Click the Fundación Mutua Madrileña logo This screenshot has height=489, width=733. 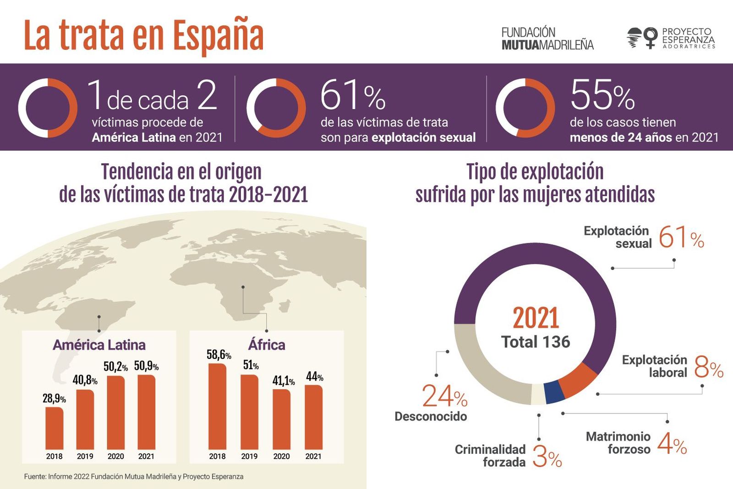click(x=547, y=38)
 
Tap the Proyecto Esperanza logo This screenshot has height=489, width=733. click(x=671, y=38)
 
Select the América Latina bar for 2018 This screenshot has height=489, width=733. click(x=55, y=428)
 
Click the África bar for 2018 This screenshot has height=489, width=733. click(x=217, y=407)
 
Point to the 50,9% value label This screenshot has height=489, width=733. click(x=146, y=366)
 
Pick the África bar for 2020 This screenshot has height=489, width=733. click(x=281, y=419)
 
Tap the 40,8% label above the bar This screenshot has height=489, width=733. click(x=85, y=380)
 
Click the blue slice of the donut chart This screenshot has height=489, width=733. click(x=554, y=392)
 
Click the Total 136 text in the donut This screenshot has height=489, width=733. click(x=536, y=342)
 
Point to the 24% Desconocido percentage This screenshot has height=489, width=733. click(x=444, y=396)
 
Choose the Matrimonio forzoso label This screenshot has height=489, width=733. click(x=618, y=443)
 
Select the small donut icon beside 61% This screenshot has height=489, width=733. click(x=276, y=108)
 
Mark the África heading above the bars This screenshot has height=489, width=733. click(x=267, y=345)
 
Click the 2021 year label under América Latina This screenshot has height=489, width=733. click(x=146, y=456)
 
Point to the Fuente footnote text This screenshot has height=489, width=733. click(x=134, y=477)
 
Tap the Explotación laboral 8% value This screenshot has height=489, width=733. click(x=708, y=367)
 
